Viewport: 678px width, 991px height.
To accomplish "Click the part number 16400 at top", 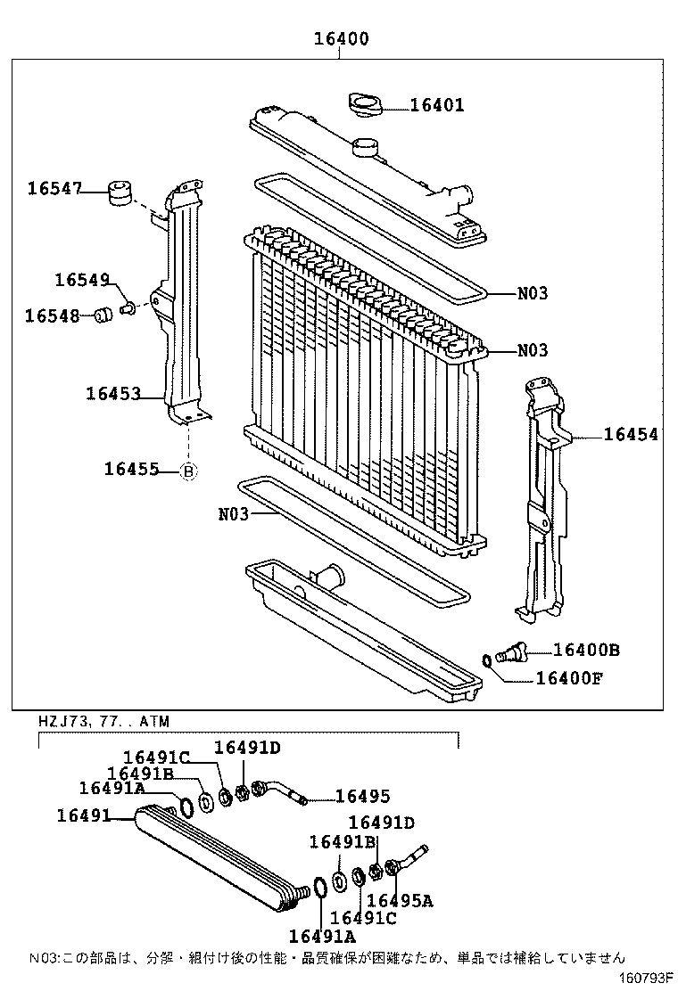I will pos(340,39).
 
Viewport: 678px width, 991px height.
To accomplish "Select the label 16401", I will pos(437,105).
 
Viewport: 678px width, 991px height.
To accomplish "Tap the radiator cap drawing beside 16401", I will pos(365,104).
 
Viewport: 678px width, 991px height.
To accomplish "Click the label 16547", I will pos(54,188).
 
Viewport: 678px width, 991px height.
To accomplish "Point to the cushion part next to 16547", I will pos(119,192).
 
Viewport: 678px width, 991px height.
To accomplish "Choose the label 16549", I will pos(81,279).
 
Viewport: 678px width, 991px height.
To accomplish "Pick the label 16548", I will pos(52,315).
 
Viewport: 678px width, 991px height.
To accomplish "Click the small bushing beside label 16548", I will pos(102,315).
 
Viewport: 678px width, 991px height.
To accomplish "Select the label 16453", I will pos(113,393).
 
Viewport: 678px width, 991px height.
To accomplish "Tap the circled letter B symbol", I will pos(188,471).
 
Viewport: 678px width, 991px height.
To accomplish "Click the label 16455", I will pos(131,469).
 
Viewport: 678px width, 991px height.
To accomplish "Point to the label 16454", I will pos(631,435).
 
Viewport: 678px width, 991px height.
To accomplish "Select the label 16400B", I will pos(586,651).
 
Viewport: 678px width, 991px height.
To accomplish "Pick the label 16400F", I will pos(569,678).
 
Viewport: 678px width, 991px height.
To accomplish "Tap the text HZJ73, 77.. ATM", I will pos(103,720).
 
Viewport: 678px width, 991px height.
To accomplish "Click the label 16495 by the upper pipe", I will pos(362,797).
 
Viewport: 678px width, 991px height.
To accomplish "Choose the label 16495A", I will pos(400,901).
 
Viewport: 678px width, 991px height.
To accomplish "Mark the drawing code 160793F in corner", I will pos(647,979).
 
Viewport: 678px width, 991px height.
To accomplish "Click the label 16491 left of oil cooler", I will pos(83,815).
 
